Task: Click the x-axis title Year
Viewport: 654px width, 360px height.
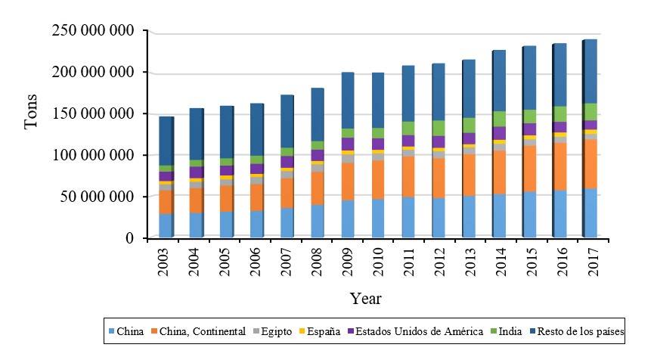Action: [365, 299]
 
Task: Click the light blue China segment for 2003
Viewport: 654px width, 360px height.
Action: [166, 225]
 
